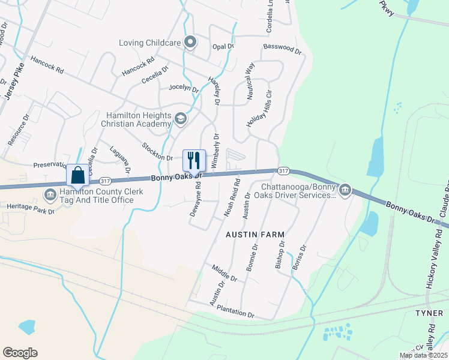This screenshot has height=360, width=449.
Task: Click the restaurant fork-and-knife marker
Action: (194, 160)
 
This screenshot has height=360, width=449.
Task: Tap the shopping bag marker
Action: (78, 175)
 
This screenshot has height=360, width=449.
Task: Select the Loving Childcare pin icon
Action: (191, 42)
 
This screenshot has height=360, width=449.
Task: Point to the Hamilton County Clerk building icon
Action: (50, 194)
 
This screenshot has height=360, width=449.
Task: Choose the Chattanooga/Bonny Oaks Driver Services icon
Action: (345, 191)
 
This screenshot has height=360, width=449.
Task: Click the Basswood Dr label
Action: (282, 49)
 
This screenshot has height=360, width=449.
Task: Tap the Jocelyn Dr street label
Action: (184, 88)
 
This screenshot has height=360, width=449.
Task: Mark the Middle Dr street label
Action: (224, 273)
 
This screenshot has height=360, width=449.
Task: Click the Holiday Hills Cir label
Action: (260, 109)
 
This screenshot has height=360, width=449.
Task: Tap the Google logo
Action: (20, 352)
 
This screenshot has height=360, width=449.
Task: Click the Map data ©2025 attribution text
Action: (423, 355)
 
